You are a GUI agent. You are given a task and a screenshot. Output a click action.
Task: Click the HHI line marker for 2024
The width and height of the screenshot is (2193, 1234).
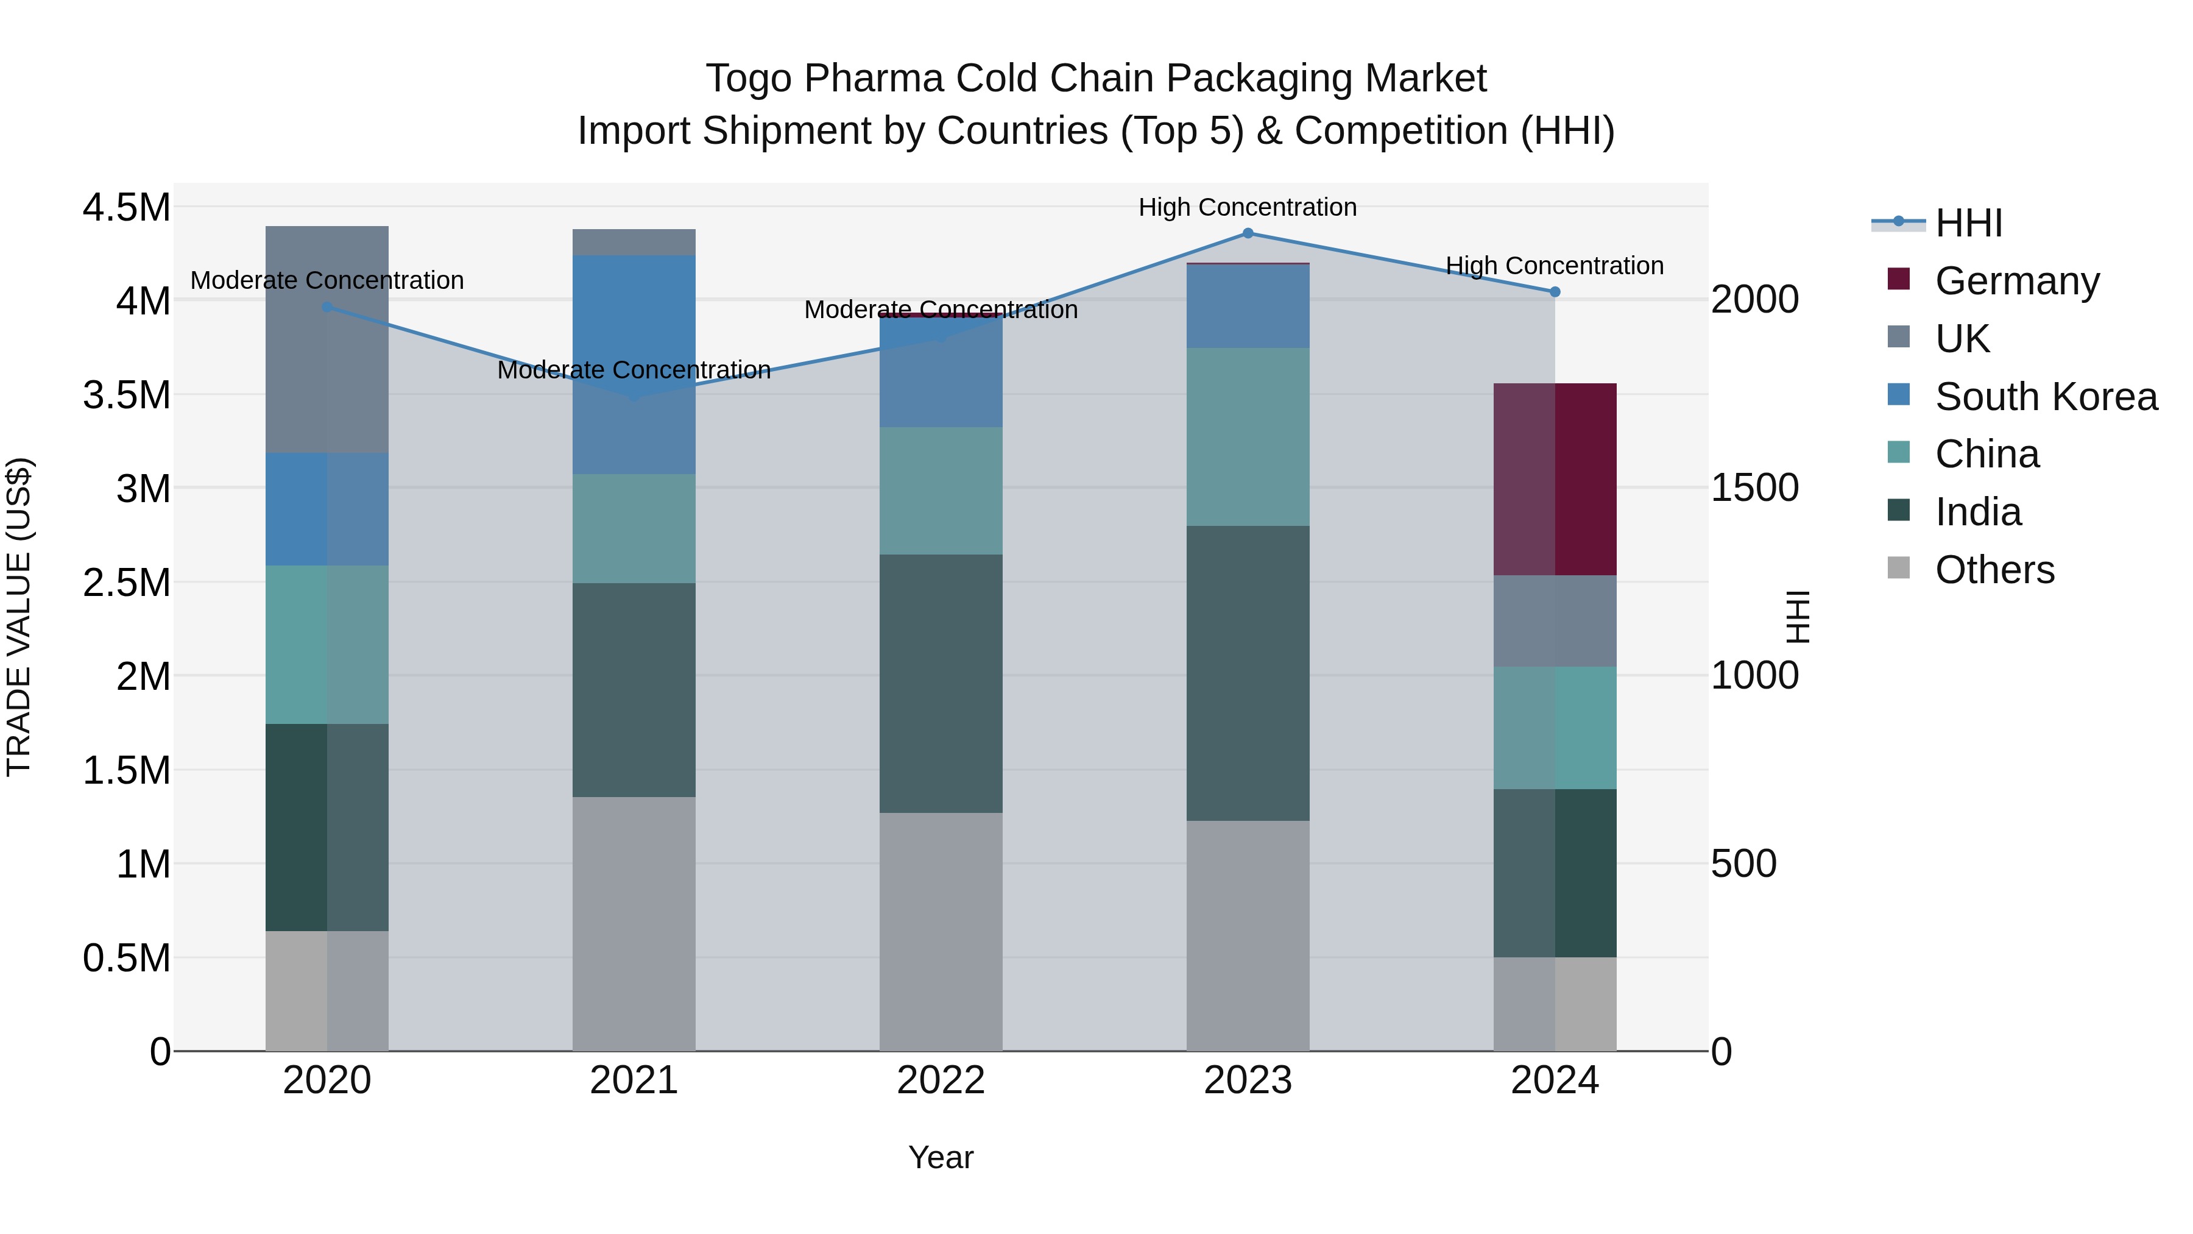1555,292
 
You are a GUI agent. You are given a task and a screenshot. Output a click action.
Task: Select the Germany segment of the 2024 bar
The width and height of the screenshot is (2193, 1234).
1555,480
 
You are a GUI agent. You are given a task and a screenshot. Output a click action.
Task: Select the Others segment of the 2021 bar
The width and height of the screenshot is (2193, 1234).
634,924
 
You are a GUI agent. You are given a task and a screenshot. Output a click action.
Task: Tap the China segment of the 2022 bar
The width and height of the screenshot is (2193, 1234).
941,491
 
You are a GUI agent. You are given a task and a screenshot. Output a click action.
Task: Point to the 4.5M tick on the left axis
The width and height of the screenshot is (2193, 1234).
126,208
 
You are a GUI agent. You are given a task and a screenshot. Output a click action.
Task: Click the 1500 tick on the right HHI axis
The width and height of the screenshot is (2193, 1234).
1754,488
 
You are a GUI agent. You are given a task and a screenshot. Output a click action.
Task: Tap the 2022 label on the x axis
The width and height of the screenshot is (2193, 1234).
941,1080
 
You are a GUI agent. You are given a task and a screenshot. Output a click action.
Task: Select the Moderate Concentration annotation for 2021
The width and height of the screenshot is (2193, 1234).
634,370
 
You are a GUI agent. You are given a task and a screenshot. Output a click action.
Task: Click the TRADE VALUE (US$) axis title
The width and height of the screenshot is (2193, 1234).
19,617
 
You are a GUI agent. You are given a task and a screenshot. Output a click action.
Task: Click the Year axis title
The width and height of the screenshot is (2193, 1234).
941,1157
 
